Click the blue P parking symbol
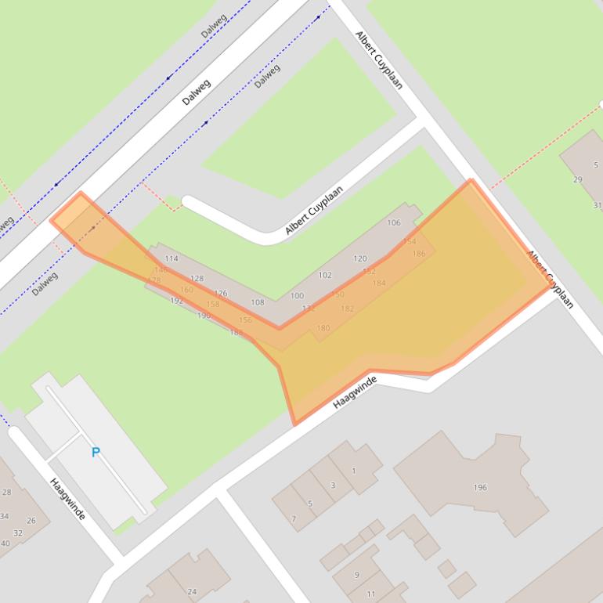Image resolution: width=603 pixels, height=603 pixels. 96,452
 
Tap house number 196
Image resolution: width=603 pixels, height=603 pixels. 480,487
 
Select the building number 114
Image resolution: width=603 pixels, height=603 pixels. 172,258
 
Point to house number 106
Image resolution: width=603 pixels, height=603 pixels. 394,223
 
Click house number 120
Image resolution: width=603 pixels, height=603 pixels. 360,258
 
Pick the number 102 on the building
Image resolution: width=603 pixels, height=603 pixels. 325,276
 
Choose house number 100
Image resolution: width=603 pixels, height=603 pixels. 297,295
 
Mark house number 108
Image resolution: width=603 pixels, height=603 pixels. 257,302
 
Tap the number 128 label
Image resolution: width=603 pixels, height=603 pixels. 197,279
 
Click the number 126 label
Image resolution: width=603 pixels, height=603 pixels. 221,294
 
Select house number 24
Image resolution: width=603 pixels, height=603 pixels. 192,591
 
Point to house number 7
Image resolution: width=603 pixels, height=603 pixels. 294,519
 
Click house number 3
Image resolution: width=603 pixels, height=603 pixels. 333,486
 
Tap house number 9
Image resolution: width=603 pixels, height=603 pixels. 357,575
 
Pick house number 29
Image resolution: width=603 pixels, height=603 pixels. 578,180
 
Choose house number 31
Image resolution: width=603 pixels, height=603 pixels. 597,205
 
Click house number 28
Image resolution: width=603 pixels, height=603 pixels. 7,492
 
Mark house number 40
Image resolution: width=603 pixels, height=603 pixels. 5,543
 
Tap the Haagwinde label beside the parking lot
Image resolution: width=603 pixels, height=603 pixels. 67,499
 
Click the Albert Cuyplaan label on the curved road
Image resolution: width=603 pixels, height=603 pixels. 314,210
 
